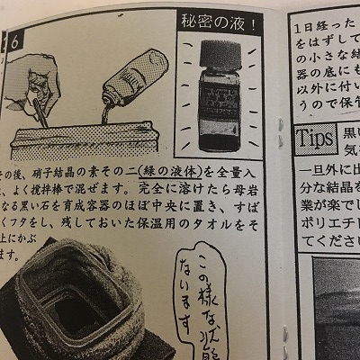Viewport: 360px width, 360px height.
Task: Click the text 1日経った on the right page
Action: point(322,28)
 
